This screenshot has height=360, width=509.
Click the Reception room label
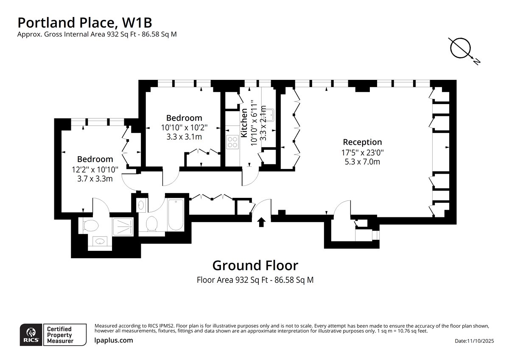point(362,142)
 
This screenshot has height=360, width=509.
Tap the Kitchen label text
point(244,123)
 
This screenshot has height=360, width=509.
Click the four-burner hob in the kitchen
point(232,142)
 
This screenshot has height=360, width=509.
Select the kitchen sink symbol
point(269,115)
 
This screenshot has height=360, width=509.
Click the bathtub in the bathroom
point(176,214)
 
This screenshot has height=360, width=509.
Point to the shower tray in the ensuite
point(123,227)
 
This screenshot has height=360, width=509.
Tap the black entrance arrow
point(261,222)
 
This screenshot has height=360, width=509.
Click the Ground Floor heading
point(255,265)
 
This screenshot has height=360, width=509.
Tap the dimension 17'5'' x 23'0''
point(362,152)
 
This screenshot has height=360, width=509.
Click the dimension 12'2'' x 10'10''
point(95,169)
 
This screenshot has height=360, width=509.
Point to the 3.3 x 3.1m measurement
point(184,137)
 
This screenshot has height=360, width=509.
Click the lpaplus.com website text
point(114,340)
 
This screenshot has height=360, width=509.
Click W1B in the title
point(137,22)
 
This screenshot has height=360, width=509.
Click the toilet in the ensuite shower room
point(91,226)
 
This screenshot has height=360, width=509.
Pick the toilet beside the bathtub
point(152,223)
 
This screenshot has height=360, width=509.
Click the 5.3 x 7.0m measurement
point(362,162)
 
